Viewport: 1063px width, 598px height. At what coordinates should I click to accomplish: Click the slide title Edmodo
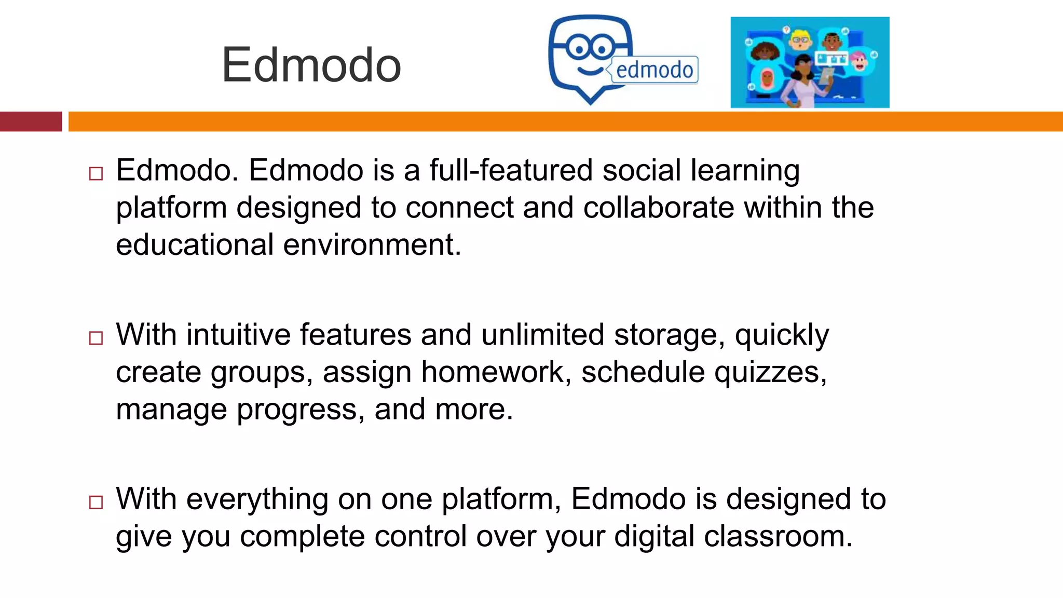tap(311, 65)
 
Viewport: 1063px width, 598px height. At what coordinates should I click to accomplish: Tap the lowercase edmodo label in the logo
tap(655, 70)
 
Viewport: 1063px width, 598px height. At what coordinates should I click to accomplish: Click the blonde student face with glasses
tap(800, 40)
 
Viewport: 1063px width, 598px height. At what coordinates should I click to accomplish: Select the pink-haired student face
tap(859, 61)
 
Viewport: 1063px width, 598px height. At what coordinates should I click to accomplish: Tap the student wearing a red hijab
tap(767, 79)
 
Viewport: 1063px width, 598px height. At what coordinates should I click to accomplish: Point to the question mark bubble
tap(787, 30)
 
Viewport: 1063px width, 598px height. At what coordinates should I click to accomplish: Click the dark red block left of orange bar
tap(31, 121)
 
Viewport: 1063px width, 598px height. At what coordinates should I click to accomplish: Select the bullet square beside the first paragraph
tap(96, 173)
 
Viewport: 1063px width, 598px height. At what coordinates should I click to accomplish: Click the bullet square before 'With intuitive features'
tap(96, 338)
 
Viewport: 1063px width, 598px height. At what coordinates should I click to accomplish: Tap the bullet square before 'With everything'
tap(96, 502)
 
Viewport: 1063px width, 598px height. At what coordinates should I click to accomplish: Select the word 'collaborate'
tap(659, 208)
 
